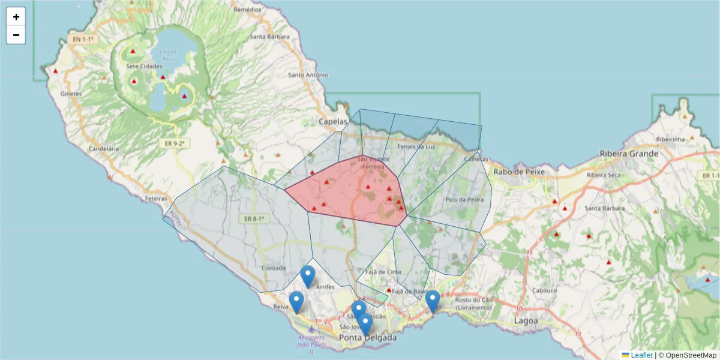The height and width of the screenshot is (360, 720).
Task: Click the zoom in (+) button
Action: (16, 17)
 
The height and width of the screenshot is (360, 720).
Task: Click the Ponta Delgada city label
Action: (368, 338)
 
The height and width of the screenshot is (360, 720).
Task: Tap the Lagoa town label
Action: (526, 321)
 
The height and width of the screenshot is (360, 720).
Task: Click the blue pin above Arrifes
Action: (308, 277)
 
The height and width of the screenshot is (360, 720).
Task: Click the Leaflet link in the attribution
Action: (641, 355)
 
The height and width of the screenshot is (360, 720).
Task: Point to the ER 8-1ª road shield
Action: (254, 219)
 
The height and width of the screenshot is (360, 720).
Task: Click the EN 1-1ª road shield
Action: (83, 39)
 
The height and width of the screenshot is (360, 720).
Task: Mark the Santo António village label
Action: (308, 75)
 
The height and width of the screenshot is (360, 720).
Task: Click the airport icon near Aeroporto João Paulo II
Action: (311, 329)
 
